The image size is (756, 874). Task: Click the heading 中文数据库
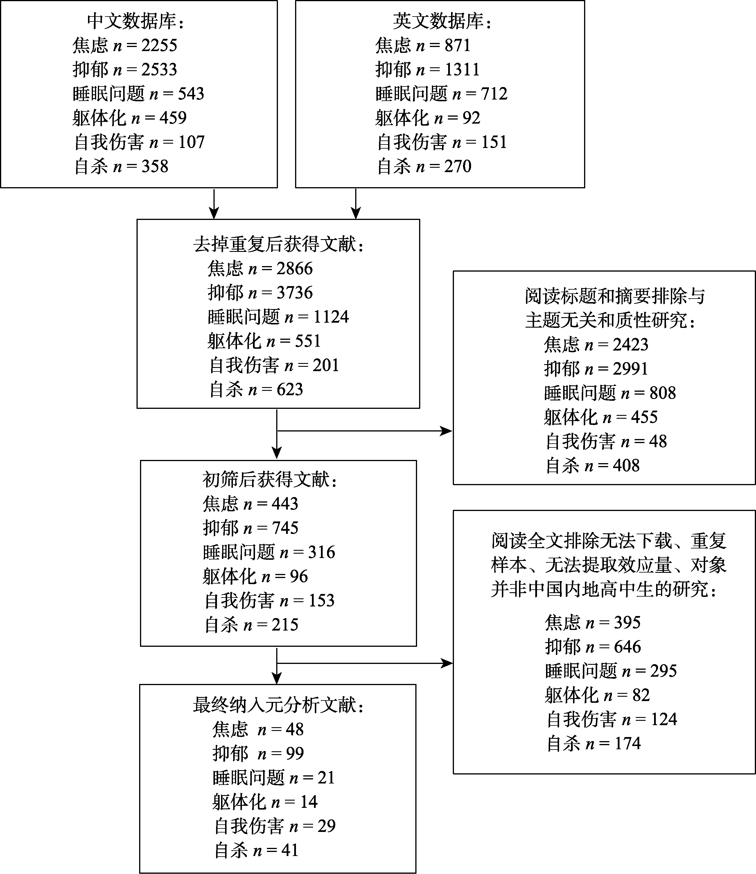(135, 21)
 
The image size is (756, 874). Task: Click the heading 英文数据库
(442, 21)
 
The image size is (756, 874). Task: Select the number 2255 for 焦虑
(159, 45)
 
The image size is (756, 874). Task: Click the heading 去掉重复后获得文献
(278, 244)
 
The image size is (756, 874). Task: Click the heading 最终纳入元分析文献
(278, 705)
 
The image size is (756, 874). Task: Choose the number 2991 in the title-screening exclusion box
(630, 369)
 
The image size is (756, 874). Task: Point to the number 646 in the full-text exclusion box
(627, 647)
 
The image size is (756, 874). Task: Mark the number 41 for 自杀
(290, 850)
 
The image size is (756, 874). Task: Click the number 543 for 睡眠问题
(191, 94)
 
